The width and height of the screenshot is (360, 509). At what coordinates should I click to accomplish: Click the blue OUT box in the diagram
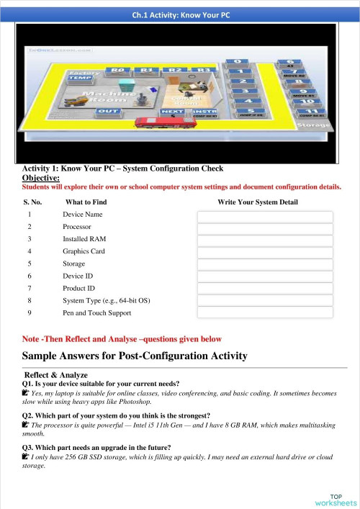pos(108,111)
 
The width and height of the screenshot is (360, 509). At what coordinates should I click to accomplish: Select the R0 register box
pos(116,71)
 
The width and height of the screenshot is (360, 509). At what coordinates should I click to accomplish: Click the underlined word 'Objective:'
pos(41,177)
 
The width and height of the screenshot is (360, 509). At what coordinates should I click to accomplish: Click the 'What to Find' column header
pos(86,202)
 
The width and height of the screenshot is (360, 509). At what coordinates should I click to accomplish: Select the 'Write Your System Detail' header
pos(257,202)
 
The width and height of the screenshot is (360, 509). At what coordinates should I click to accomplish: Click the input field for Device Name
pos(265,217)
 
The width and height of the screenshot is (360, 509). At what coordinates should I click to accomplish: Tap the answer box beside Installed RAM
pos(265,241)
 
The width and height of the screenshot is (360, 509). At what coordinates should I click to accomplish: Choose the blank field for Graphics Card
pos(265,253)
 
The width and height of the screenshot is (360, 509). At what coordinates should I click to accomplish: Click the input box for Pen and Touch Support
pos(265,313)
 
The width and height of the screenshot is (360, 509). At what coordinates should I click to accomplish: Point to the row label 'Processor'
pos(77,227)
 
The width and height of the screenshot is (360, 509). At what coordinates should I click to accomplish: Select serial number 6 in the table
pos(30,276)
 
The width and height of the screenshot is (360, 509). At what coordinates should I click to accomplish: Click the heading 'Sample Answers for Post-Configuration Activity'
pos(135,356)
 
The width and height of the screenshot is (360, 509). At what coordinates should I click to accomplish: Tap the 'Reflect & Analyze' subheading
pos(56,375)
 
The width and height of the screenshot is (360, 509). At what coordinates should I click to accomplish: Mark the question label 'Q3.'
pos(30,446)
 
